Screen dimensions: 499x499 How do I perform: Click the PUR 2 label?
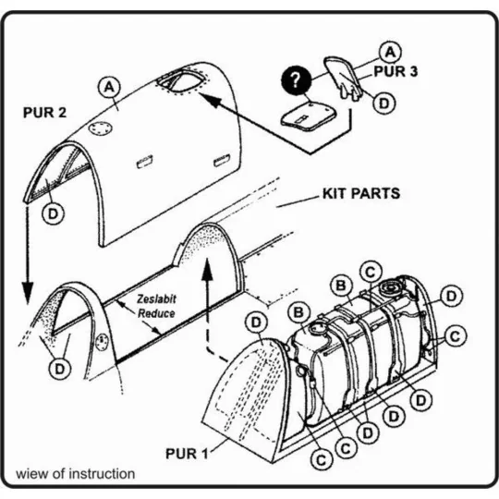45,113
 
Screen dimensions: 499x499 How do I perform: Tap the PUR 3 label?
396,71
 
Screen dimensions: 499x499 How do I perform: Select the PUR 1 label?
187,454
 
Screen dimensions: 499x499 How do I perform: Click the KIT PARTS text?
361,193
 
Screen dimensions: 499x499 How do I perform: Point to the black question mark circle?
296,80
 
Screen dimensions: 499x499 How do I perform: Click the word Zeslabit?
156,299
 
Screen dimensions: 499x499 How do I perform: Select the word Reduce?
156,313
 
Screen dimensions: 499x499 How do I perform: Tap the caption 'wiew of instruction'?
76,474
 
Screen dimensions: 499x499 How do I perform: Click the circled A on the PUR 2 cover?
109,87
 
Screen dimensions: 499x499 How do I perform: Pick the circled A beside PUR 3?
390,52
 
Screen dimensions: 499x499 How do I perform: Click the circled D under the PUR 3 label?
384,103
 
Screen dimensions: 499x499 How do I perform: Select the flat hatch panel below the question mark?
309,116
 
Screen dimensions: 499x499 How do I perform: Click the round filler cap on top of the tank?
391,289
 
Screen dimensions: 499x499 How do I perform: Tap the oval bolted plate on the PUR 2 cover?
100,128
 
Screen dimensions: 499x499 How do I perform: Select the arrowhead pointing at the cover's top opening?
210,100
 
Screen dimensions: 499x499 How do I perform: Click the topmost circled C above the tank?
371,272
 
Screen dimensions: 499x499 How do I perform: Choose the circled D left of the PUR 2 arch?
53,213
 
